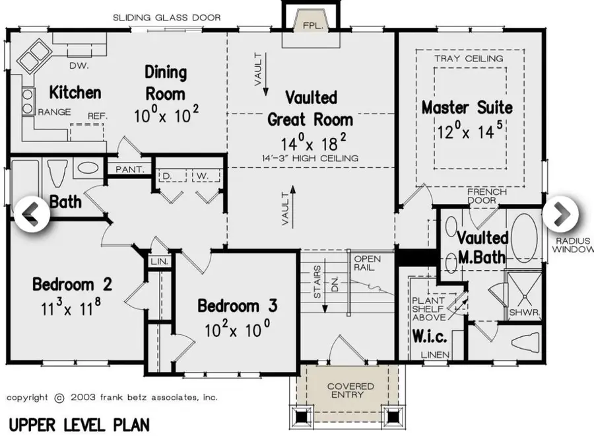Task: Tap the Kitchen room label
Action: point(75,92)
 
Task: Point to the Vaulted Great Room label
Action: point(310,108)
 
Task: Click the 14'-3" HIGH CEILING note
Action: point(310,158)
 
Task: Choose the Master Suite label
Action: point(467,107)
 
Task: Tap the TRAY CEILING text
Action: point(469,58)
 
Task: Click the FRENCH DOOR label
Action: point(486,196)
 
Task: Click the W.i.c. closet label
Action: point(430,337)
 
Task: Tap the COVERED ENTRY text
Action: point(350,390)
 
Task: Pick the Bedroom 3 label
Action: point(238,307)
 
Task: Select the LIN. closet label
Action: point(160,262)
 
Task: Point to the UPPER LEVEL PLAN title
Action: point(79,423)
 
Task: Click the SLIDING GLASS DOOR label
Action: point(166,17)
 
